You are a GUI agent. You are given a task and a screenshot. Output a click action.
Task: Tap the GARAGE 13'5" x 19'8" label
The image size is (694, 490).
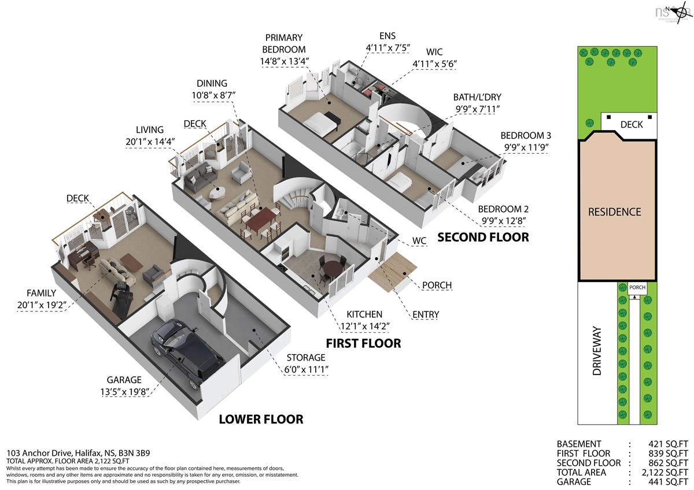(124, 386)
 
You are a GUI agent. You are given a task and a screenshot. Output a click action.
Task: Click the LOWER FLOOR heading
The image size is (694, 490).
(260, 420)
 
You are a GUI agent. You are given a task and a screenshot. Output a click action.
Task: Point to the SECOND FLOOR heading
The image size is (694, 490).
(483, 237)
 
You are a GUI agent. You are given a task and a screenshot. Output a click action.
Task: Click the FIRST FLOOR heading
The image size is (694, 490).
(363, 343)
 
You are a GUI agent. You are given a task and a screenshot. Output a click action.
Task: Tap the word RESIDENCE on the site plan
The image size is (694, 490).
(614, 212)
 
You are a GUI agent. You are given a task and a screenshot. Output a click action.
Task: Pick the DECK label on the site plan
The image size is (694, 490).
(631, 124)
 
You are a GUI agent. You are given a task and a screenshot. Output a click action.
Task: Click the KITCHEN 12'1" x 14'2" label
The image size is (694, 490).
(364, 320)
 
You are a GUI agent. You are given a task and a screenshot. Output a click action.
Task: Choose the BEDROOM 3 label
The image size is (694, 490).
(526, 141)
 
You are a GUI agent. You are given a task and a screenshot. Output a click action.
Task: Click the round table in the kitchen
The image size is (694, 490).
(332, 269)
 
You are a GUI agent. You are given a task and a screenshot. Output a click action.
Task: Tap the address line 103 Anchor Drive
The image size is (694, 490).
(79, 453)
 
